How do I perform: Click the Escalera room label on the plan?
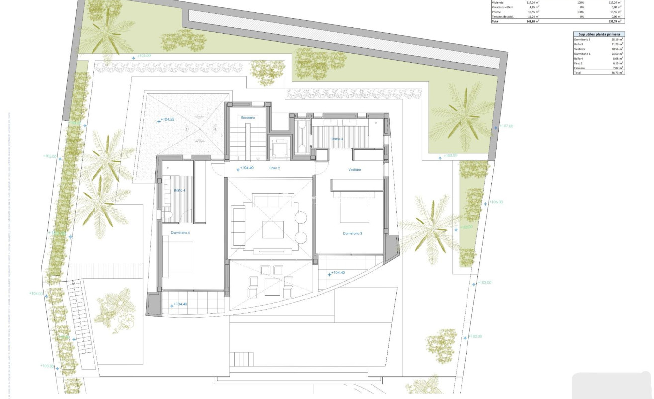click(x=248, y=118)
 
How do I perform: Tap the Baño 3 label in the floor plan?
click(x=337, y=139)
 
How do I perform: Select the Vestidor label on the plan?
click(x=354, y=170)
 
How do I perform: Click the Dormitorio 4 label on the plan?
click(x=180, y=232)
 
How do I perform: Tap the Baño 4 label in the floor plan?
click(x=179, y=190)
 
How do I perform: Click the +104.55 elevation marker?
click(x=167, y=120)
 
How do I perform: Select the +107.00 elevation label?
click(x=506, y=126)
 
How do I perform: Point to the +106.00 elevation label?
click(x=496, y=202)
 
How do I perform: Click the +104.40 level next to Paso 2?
click(x=247, y=168)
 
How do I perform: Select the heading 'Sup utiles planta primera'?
click(x=598, y=34)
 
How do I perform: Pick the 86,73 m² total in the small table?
click(x=617, y=73)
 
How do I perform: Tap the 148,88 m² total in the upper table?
click(x=533, y=21)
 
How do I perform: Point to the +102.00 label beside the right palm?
click(x=467, y=227)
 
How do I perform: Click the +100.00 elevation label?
click(x=47, y=366)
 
